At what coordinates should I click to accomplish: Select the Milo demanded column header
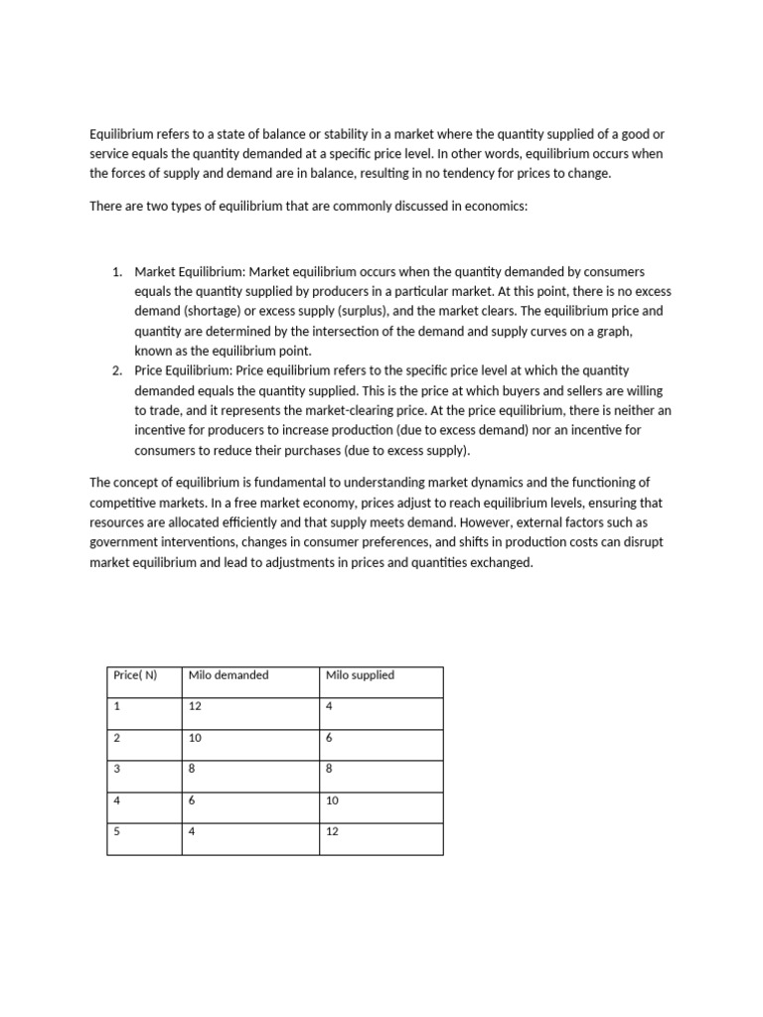[228, 675]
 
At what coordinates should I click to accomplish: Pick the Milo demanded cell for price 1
[194, 706]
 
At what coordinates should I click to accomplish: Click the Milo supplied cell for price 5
[332, 831]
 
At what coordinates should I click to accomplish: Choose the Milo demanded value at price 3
[191, 769]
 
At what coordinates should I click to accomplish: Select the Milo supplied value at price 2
[329, 738]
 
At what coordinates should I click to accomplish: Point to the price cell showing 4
[116, 800]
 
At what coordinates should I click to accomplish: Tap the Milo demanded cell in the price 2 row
[194, 738]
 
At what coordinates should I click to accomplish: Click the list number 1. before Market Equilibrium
[116, 272]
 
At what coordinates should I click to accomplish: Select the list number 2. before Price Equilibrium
[116, 370]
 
